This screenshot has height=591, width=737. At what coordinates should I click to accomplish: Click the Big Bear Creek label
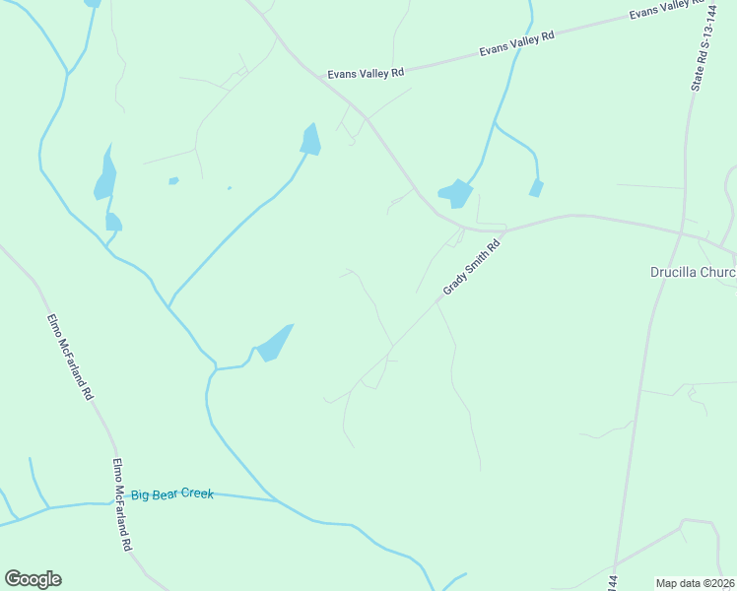click(172, 494)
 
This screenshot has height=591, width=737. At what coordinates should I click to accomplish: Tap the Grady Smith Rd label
click(472, 267)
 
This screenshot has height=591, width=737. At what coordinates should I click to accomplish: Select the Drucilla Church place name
click(693, 272)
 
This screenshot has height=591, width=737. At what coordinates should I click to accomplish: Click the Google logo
click(33, 579)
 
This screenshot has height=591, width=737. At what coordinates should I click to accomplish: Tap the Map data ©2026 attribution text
click(694, 583)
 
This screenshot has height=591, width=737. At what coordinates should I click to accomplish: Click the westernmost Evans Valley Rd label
click(366, 74)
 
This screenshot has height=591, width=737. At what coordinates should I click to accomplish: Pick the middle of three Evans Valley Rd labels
click(516, 42)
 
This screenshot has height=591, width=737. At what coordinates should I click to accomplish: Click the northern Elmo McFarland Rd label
click(70, 357)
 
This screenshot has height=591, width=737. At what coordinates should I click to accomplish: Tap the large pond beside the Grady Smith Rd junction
click(455, 193)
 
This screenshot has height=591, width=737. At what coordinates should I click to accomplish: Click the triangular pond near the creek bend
click(275, 342)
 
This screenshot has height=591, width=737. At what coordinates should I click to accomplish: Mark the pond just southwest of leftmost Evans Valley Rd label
click(311, 140)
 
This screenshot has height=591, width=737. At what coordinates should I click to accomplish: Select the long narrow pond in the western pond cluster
click(104, 175)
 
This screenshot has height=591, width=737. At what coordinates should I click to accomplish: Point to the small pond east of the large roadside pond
click(536, 187)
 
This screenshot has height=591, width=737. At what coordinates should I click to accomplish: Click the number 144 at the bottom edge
click(613, 582)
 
